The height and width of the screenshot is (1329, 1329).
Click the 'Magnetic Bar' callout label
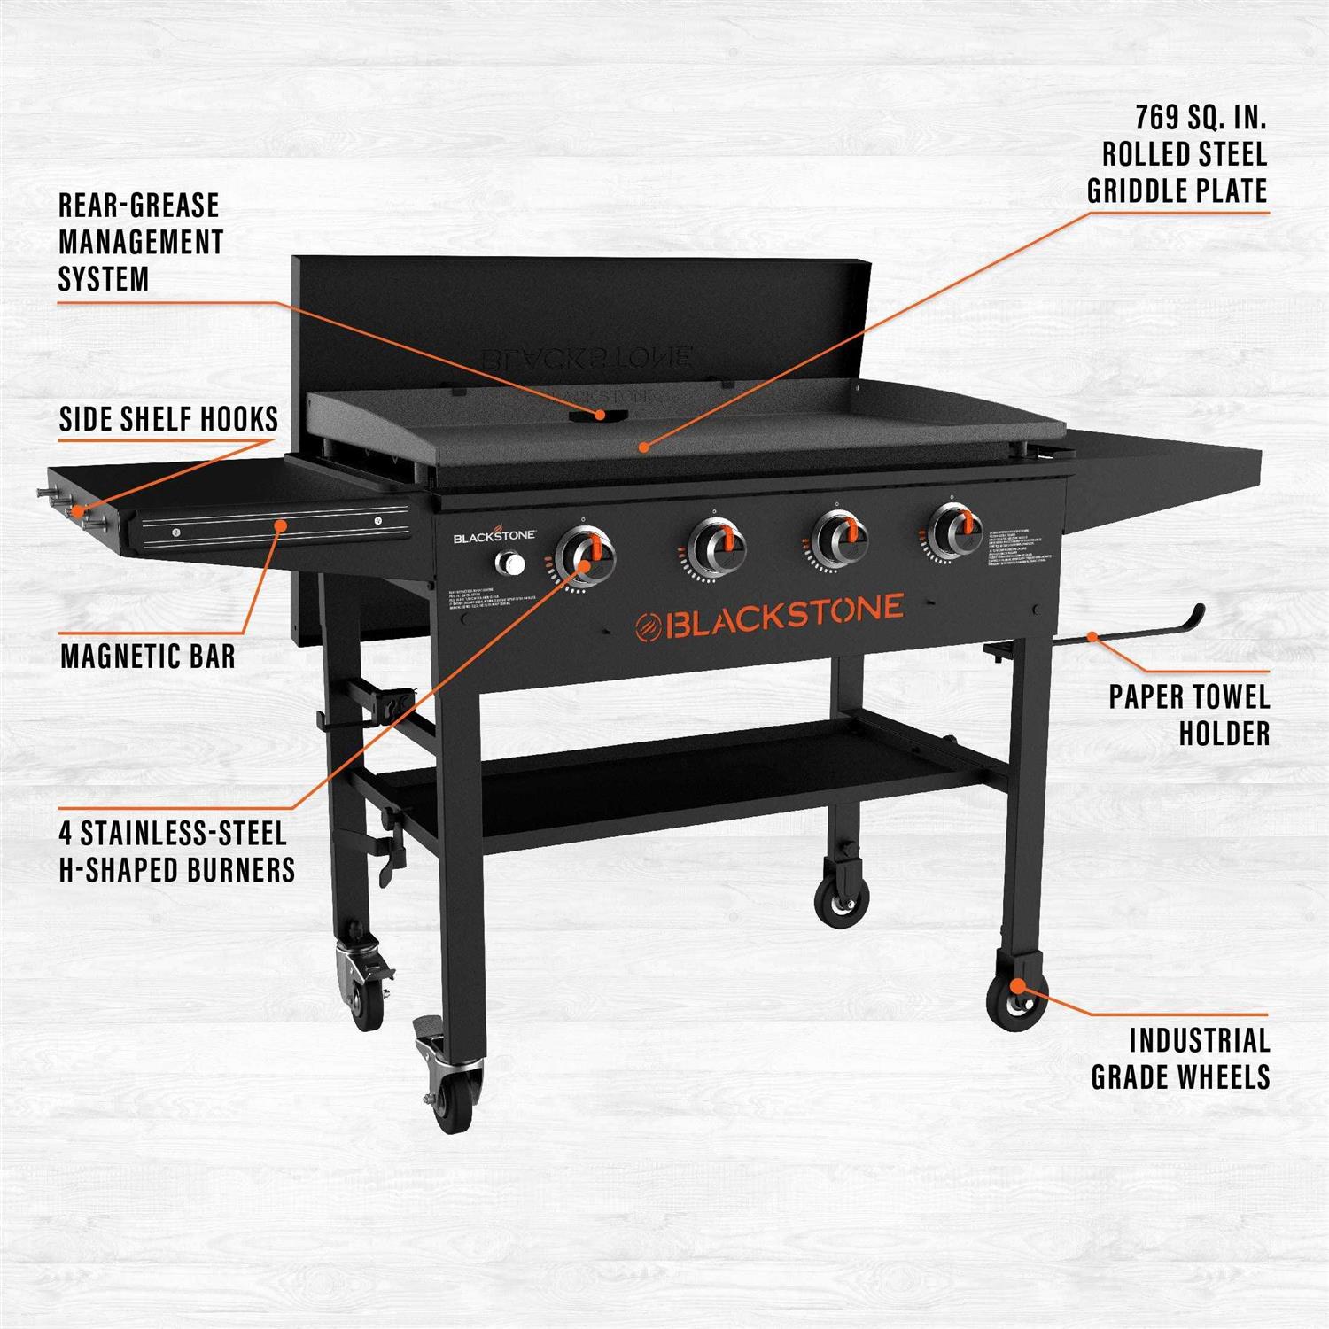(148, 657)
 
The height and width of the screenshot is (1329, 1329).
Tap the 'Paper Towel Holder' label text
(1189, 714)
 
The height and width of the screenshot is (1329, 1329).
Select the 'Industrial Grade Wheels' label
(1180, 1058)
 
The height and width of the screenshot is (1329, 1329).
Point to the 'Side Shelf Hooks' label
(168, 419)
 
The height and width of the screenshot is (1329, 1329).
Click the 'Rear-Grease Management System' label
(140, 242)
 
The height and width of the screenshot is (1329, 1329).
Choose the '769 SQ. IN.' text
(1201, 117)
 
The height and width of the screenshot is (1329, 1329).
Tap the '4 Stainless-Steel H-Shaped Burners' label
(176, 851)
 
